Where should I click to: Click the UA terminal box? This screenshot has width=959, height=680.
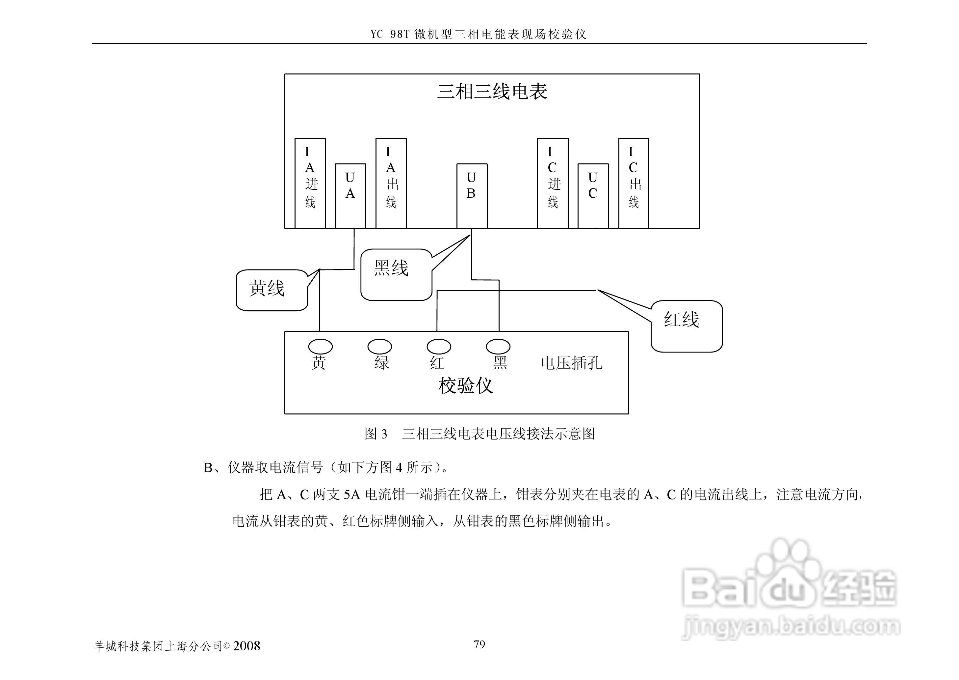[350, 196]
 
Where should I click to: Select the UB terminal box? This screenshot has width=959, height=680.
[471, 196]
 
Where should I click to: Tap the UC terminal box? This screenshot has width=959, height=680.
[593, 196]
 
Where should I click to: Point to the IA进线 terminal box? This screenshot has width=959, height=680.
[310, 183]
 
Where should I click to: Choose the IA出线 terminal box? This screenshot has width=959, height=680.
[391, 183]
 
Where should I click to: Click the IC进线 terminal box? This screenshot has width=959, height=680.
[553, 183]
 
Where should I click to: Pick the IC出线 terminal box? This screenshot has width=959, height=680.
[633, 183]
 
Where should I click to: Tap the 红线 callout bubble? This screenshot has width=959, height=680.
[686, 326]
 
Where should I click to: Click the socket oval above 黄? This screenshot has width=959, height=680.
[320, 346]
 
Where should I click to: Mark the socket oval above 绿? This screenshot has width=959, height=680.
[379, 346]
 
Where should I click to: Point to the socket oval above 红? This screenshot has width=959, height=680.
[439, 346]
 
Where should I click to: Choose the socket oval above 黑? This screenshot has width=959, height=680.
[498, 346]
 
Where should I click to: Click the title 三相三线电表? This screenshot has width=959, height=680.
[492, 91]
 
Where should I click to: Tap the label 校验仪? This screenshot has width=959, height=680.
[465, 385]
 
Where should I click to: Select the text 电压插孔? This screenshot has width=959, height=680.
[571, 363]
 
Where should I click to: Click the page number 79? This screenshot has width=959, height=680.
[479, 644]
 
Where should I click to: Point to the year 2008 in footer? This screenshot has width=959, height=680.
[246, 646]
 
